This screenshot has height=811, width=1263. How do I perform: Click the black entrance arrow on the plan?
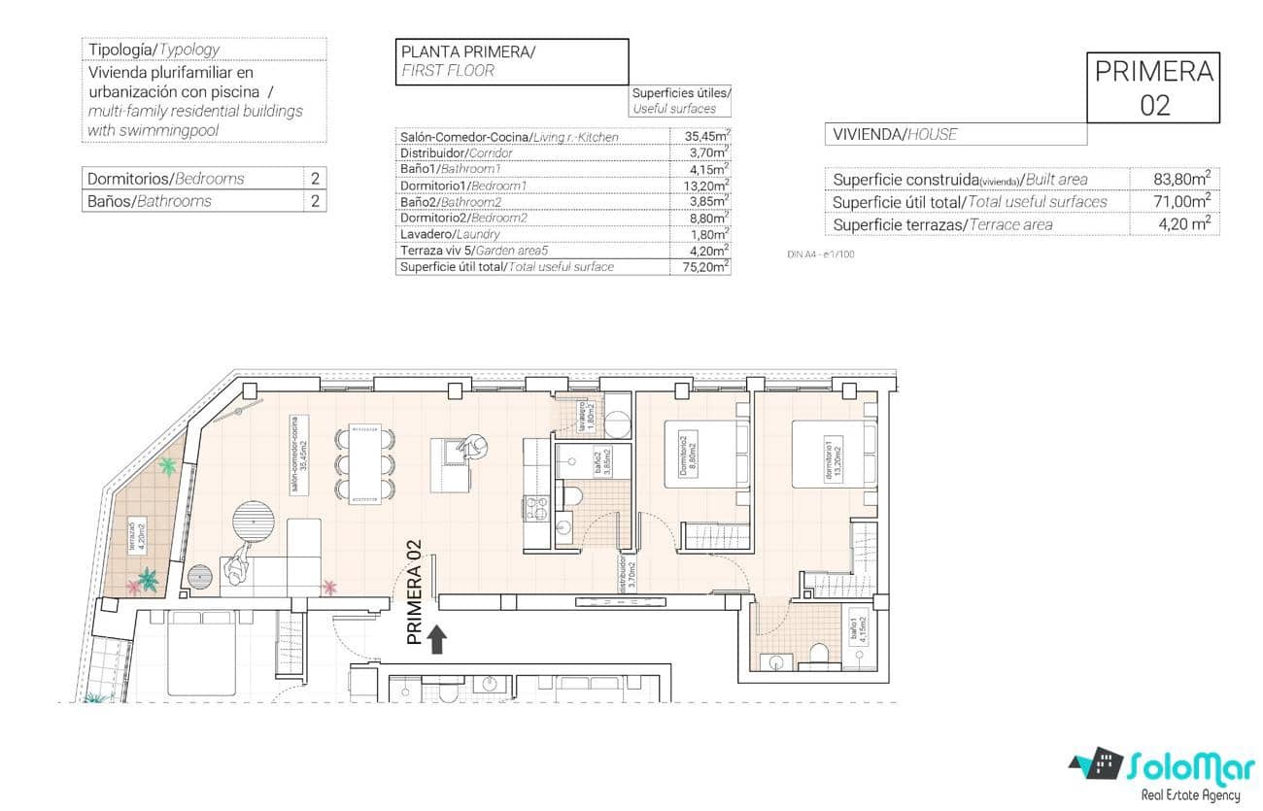tap(437, 638)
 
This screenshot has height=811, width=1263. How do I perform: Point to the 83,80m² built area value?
tap(1175, 179)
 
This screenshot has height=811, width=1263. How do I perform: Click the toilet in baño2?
tap(574, 497)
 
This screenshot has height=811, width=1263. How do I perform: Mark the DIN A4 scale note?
tap(820, 254)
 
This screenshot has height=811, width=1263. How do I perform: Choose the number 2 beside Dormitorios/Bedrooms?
tap(315, 179)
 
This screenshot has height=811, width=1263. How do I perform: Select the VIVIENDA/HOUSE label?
tap(894, 135)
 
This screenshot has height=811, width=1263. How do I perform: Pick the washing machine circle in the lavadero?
tap(617, 424)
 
